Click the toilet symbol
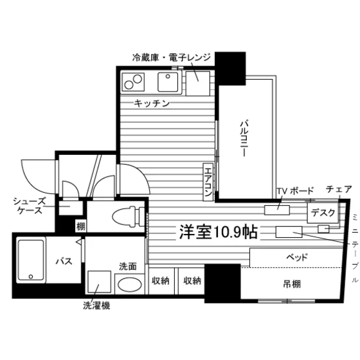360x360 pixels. pos(129,217)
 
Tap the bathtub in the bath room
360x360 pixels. pos(31,260)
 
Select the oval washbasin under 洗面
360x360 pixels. pos(130,284)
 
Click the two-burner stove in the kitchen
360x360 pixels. pos(133,82)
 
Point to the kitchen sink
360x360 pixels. pos(168,82)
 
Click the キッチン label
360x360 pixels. pos(152,104)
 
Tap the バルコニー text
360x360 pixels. pos(244,138)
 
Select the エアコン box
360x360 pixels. pos(208,182)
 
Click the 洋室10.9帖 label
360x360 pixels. pos(219,232)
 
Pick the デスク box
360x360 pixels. pos(323,213)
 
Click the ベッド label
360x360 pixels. pos(296,257)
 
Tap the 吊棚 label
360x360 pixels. pos(292,284)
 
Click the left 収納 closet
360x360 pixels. pos(161,281)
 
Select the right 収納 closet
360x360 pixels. pos(192,281)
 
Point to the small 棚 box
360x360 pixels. pos(80,226)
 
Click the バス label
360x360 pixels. pos(64,261)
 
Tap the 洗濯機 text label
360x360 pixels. pos(96,305)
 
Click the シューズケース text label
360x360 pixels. pos(30,206)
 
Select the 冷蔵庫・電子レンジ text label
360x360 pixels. pos(171,57)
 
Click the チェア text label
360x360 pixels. pos(339,189)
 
